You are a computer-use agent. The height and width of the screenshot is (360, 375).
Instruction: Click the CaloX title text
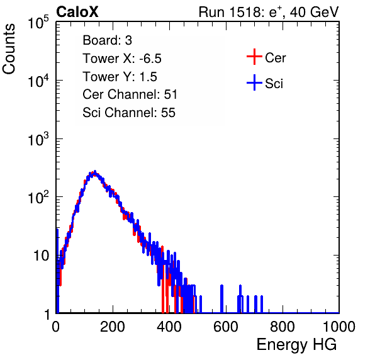point(77,12)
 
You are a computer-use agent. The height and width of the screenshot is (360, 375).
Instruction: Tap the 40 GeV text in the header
point(314,13)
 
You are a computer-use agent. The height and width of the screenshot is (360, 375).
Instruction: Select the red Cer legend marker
point(254,57)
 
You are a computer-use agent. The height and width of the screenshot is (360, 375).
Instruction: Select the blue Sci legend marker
point(254,82)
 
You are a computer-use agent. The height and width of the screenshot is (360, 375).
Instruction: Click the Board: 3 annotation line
point(107,40)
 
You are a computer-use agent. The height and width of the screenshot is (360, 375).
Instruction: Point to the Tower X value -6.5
point(150,59)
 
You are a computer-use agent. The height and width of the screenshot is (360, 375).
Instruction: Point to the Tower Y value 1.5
point(148,77)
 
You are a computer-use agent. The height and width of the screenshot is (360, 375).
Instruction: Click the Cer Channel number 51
point(171,94)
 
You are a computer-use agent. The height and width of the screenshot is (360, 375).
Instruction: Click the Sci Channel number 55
point(168,113)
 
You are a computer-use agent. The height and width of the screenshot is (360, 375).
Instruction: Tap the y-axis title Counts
point(9,49)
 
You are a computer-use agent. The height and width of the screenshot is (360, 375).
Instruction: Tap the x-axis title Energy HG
point(296,344)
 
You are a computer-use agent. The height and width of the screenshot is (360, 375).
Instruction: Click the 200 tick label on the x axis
point(113,327)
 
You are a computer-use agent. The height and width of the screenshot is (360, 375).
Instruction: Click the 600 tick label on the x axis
point(226,327)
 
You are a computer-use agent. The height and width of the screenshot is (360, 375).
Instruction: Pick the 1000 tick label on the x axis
point(339,327)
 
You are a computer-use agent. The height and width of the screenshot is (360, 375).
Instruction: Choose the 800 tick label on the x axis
point(283,327)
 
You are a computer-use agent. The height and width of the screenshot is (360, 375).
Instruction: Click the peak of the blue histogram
point(95,172)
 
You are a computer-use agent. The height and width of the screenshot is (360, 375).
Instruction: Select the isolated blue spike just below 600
point(221,299)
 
